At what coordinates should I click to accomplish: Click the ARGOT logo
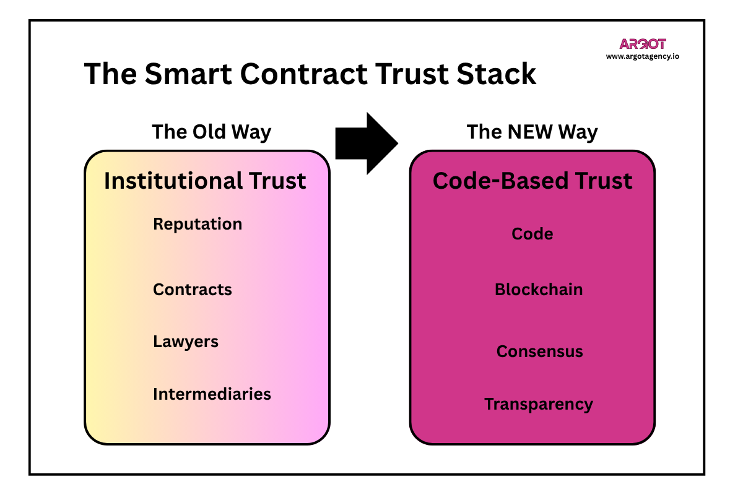pos(643,44)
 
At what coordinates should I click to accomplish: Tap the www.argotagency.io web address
pos(643,56)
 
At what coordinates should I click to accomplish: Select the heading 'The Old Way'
pos(212,132)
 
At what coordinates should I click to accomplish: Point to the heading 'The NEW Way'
pos(532,132)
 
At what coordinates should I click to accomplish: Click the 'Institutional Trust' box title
pos(205,181)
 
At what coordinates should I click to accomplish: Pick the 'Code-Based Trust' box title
pos(532,181)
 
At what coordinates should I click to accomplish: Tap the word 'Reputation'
pos(198,224)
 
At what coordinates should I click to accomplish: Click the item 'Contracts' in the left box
pos(193,290)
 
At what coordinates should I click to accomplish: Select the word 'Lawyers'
pos(186,342)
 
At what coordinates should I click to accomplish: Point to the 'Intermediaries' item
pos(212,394)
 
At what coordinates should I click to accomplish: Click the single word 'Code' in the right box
pos(532,234)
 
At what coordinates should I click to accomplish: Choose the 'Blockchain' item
pos(539,290)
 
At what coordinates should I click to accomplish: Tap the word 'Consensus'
pos(540,351)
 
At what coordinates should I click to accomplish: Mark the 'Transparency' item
pos(539,404)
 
